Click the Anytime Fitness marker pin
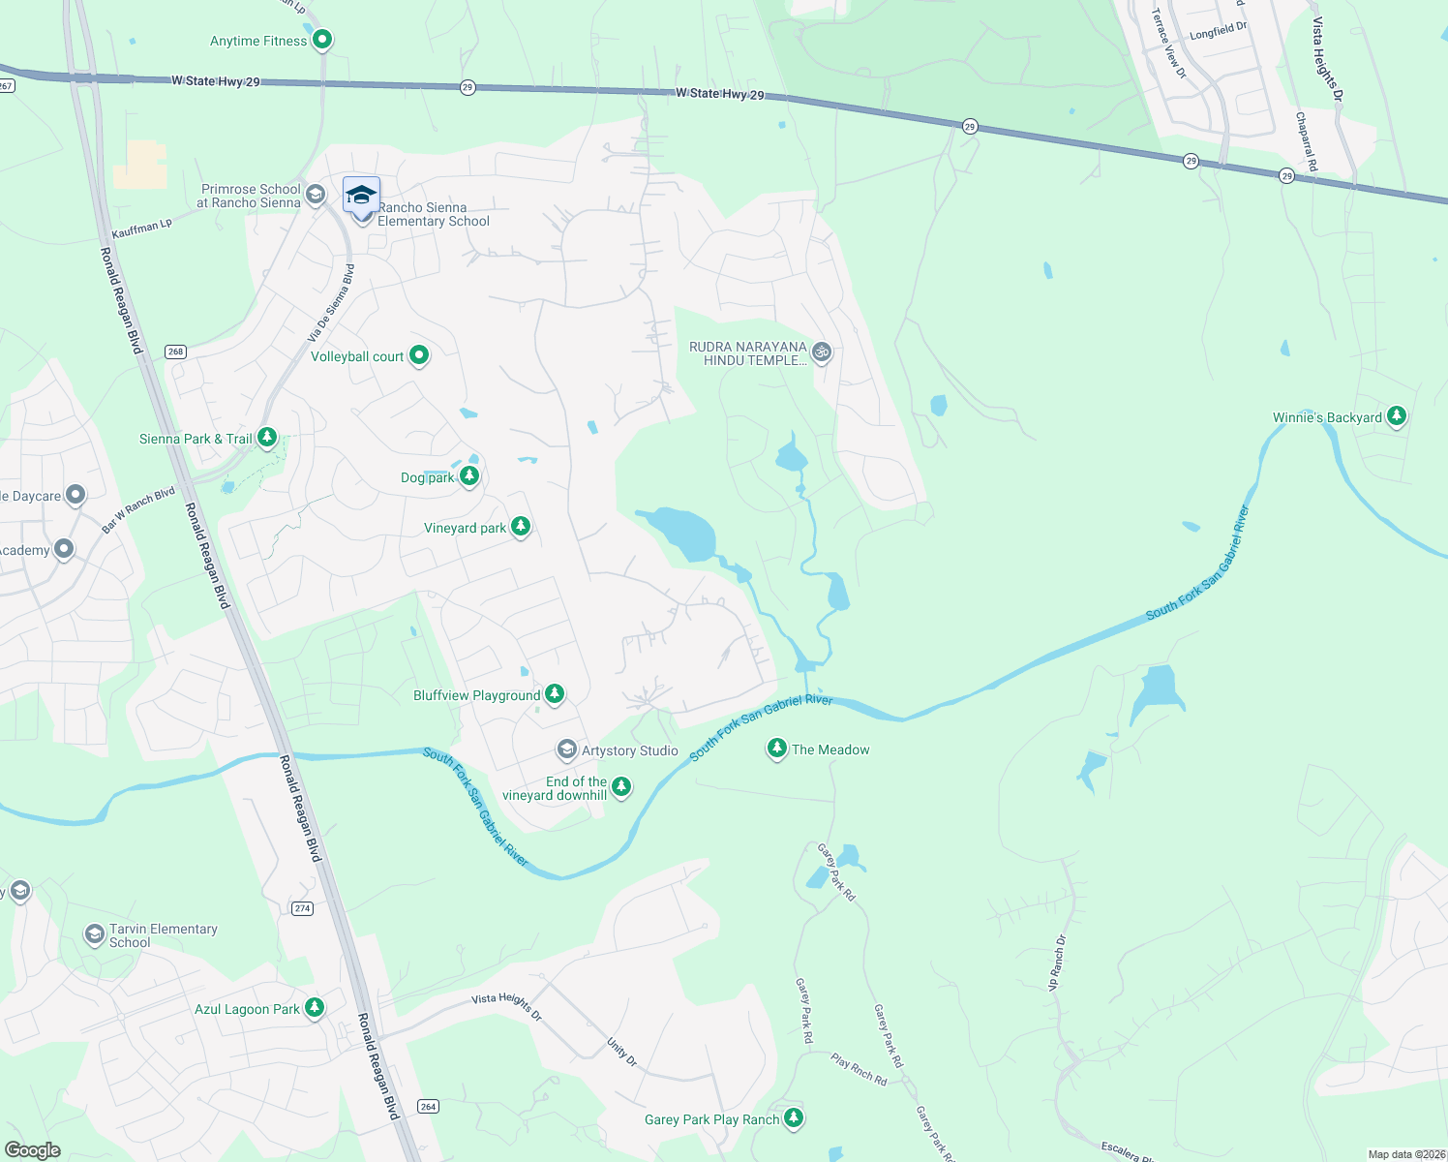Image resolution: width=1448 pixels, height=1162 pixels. pos(322,40)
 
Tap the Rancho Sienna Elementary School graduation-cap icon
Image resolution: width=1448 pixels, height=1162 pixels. pos(361,197)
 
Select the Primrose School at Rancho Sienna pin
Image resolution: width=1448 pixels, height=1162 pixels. pos(315,196)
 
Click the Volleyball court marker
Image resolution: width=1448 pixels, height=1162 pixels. pos(419,355)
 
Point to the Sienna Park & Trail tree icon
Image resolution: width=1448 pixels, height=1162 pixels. pos(267,438)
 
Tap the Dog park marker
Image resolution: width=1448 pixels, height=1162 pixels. pos(469,475)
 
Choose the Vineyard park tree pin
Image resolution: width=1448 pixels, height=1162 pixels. pos(521,526)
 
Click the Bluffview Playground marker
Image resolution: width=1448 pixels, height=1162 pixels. pos(555,693)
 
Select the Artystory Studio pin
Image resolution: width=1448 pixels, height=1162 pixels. pos(567,749)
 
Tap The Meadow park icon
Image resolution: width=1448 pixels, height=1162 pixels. pos(776,748)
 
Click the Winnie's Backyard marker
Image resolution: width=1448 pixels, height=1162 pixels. pos(1396,416)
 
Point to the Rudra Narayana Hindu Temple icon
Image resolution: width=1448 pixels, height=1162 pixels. pos(822,352)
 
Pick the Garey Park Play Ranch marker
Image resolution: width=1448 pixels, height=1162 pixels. pos(794,1117)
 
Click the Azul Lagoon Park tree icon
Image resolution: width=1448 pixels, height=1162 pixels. pos(315,1007)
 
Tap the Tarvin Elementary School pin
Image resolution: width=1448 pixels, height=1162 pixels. pos(95,933)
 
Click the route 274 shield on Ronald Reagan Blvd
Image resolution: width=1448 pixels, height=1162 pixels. pos(303,908)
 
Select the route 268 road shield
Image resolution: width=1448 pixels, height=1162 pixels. pos(175,352)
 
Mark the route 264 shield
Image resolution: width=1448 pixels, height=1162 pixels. pos(428,1106)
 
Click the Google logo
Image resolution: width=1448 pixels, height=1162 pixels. pos(32,1149)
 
